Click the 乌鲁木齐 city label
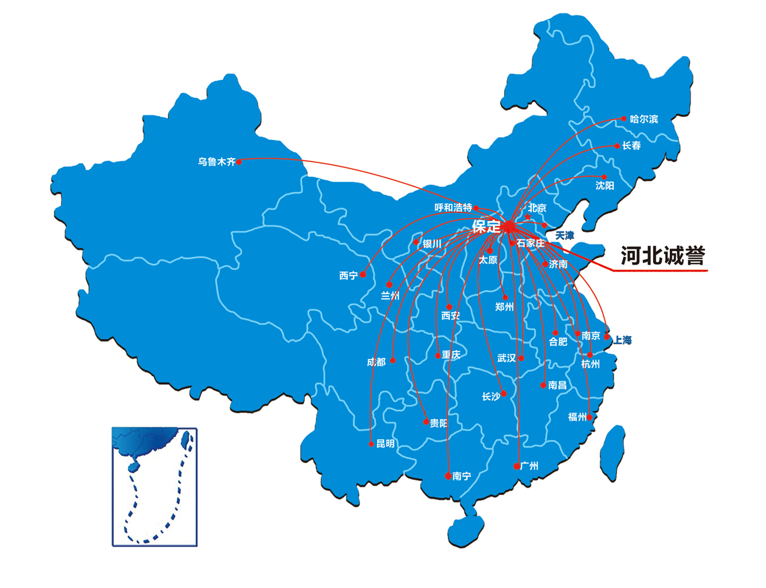tap(216, 162)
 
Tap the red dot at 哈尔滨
tap(624, 118)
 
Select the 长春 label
tap(631, 145)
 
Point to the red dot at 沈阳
tap(604, 177)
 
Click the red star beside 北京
tap(528, 217)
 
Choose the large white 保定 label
tap(486, 226)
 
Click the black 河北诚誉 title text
tap(663, 256)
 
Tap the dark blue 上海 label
tap(622, 340)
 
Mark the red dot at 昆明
tap(371, 444)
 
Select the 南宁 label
tap(462, 476)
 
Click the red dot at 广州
tap(517, 466)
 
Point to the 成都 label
tap(376, 362)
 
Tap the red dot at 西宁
tap(363, 275)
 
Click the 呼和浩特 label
tap(453, 208)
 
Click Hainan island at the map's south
tap(466, 530)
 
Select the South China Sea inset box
tap(155, 486)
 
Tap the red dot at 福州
tap(589, 417)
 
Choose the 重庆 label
tap(451, 355)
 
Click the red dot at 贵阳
tap(426, 422)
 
